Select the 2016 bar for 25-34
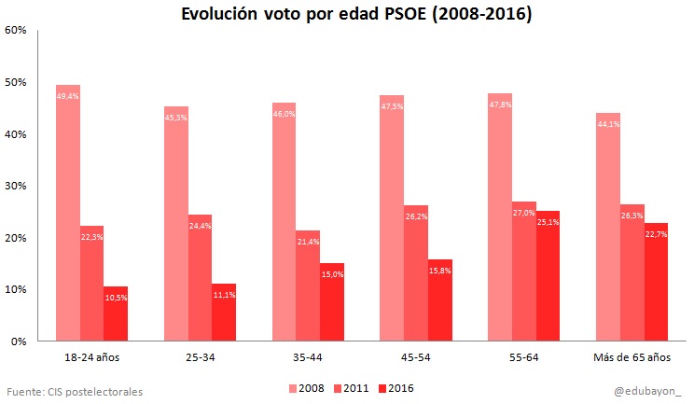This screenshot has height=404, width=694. tap(224, 313)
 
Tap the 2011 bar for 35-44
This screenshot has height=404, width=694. tap(308, 286)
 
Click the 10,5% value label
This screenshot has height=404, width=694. tap(116, 298)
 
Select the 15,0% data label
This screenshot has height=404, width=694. tap(332, 274)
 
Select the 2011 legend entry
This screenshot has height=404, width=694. tap(350, 388)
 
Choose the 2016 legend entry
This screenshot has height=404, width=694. tap(395, 388)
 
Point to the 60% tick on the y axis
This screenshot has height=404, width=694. tap(15, 30)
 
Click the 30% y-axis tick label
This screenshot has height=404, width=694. tap(15, 186)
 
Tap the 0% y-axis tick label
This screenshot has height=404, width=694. tap(18, 341)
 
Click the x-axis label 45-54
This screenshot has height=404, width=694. tap(416, 357)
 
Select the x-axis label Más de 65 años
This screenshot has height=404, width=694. tap(632, 357)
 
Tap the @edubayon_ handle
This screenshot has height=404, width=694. tap(647, 391)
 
